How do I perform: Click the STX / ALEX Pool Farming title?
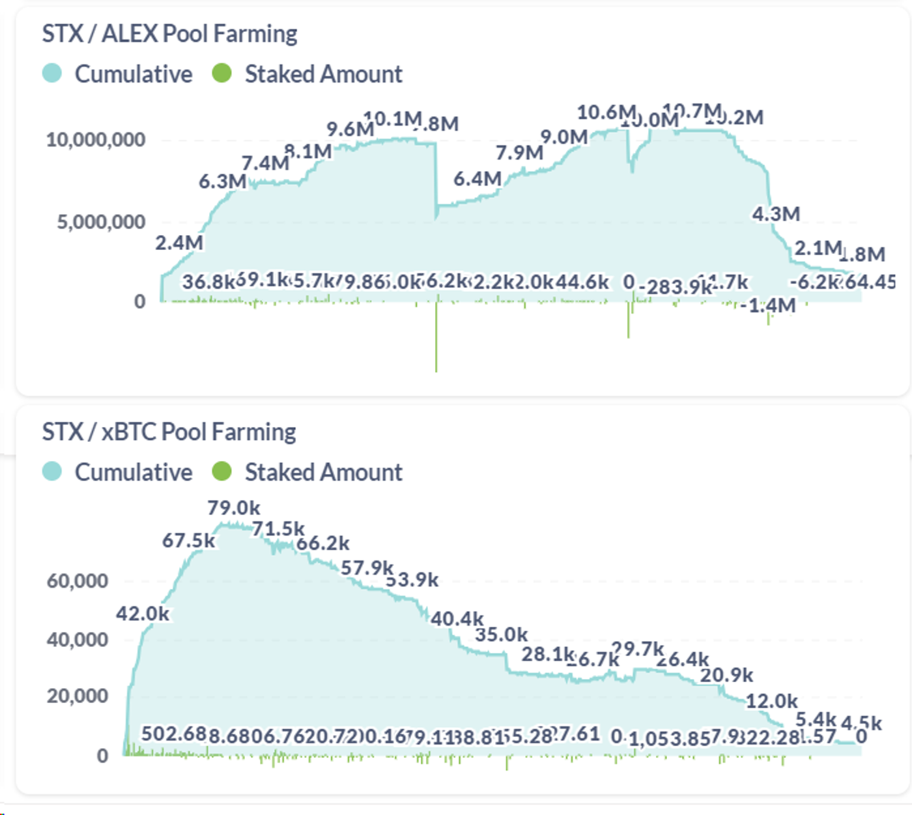coord(169,34)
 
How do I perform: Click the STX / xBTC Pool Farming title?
coord(169,432)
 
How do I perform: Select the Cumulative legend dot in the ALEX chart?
coord(52,74)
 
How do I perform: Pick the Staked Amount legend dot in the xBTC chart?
coord(222,472)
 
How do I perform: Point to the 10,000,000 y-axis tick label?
coord(96,140)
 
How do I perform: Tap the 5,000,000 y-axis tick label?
coord(101,223)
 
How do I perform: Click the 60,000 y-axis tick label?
coord(78,581)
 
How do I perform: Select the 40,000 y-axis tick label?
coord(78,640)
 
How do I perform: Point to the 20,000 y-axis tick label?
coord(78,697)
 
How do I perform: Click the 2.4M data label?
coord(179,243)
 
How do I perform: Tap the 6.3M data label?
coord(222,182)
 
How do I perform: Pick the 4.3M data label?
coord(776,214)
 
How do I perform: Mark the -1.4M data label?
coord(772,305)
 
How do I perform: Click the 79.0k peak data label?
coord(234,508)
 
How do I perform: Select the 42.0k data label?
coord(143,614)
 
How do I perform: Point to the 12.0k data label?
coord(771,701)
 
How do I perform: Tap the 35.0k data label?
coord(501,635)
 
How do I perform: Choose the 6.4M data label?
coord(477,179)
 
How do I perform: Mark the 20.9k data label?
coord(726,676)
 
